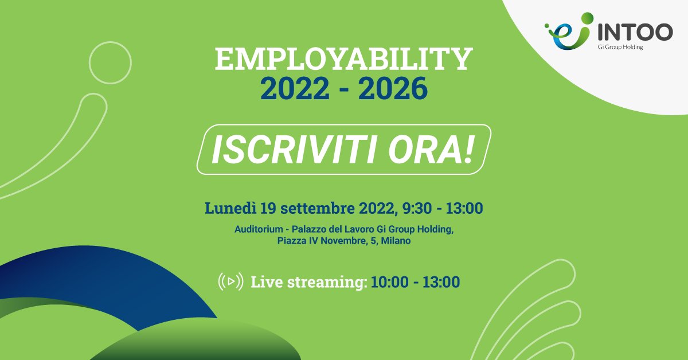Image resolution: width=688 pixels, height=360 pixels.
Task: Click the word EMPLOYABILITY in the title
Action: pos(343,60)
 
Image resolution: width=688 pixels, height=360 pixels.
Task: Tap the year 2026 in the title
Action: pos(395,88)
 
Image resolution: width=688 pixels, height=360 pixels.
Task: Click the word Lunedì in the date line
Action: pos(230,208)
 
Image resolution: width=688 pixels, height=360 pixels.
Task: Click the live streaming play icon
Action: pos(230,281)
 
